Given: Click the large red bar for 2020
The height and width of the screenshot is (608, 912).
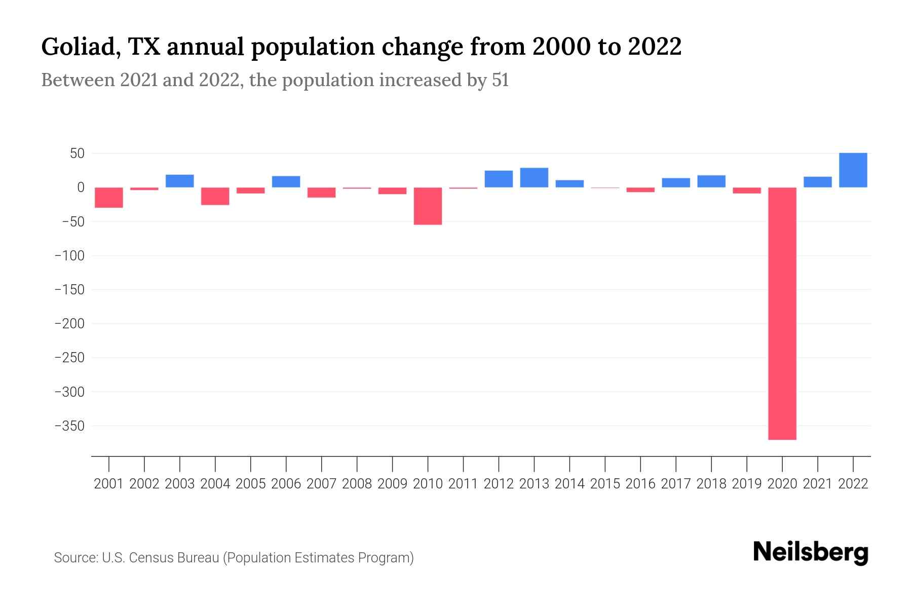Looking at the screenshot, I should click(782, 313).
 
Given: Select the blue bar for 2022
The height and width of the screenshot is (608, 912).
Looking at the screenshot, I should click(853, 170).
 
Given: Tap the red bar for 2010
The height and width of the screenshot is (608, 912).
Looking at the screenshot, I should click(428, 206).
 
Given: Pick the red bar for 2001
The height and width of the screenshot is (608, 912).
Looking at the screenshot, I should click(109, 198).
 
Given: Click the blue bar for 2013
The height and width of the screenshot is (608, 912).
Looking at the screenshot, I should click(534, 177).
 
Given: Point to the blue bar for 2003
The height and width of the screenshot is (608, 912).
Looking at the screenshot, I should click(180, 181).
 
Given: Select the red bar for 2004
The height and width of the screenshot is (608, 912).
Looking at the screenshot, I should click(215, 196).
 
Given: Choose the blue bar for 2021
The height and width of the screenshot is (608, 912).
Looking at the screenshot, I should click(817, 182).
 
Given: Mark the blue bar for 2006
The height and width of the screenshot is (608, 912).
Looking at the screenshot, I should click(286, 181).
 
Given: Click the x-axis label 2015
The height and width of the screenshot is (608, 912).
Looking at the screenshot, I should click(605, 484).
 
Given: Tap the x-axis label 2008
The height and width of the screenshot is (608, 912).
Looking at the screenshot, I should click(357, 484).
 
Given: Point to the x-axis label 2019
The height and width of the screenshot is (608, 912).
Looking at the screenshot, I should click(746, 484).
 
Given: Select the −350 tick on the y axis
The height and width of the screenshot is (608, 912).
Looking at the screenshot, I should click(69, 426).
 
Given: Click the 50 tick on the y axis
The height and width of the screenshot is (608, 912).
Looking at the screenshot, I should click(77, 154).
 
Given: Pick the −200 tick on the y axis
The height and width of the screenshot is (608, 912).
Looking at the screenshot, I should click(69, 324).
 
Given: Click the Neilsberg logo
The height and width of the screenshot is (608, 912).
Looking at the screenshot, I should click(811, 553).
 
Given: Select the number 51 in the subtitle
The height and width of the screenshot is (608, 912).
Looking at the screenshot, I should click(500, 81).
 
